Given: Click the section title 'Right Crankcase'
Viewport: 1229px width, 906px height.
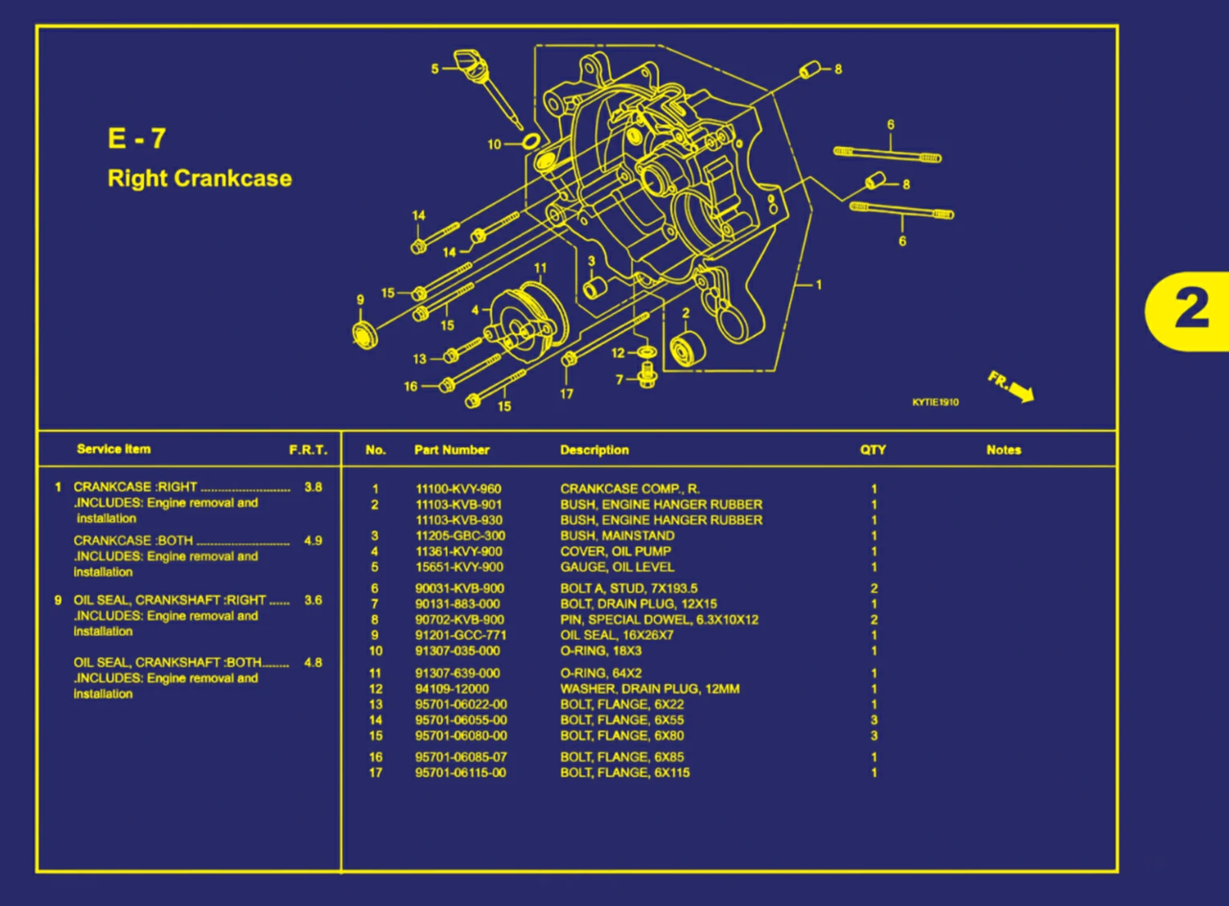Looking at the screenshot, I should pyautogui.click(x=199, y=178).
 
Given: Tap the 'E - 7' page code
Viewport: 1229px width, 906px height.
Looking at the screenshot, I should pyautogui.click(x=137, y=138).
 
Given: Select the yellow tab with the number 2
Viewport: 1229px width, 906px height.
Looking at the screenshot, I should pyautogui.click(x=1190, y=310).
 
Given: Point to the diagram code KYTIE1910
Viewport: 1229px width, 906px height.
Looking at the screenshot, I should pyautogui.click(x=935, y=402).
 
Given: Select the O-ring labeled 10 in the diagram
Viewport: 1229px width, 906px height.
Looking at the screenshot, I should pyautogui.click(x=530, y=142).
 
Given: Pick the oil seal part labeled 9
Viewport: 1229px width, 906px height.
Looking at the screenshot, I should pyautogui.click(x=365, y=333).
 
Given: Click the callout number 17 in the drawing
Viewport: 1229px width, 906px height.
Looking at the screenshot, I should pyautogui.click(x=566, y=394).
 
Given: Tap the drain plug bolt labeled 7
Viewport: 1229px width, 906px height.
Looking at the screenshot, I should pyautogui.click(x=647, y=376).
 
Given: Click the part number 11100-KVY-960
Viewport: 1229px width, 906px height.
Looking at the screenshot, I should pyautogui.click(x=458, y=489).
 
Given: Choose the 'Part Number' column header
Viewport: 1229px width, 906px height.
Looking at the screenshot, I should pyautogui.click(x=451, y=450).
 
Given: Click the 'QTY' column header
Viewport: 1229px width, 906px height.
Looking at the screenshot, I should pyautogui.click(x=873, y=450).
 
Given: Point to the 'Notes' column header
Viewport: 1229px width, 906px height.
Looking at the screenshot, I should pyautogui.click(x=1003, y=450).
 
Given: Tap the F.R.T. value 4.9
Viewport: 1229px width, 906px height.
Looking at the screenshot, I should pyautogui.click(x=313, y=541).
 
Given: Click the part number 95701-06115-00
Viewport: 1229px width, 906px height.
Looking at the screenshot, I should pyautogui.click(x=460, y=773).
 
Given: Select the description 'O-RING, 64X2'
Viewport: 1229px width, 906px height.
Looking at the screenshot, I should pyautogui.click(x=601, y=674).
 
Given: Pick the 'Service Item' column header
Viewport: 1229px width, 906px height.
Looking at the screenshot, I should pyautogui.click(x=113, y=449).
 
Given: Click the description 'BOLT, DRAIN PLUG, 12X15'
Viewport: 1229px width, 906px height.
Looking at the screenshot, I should pyautogui.click(x=639, y=604).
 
